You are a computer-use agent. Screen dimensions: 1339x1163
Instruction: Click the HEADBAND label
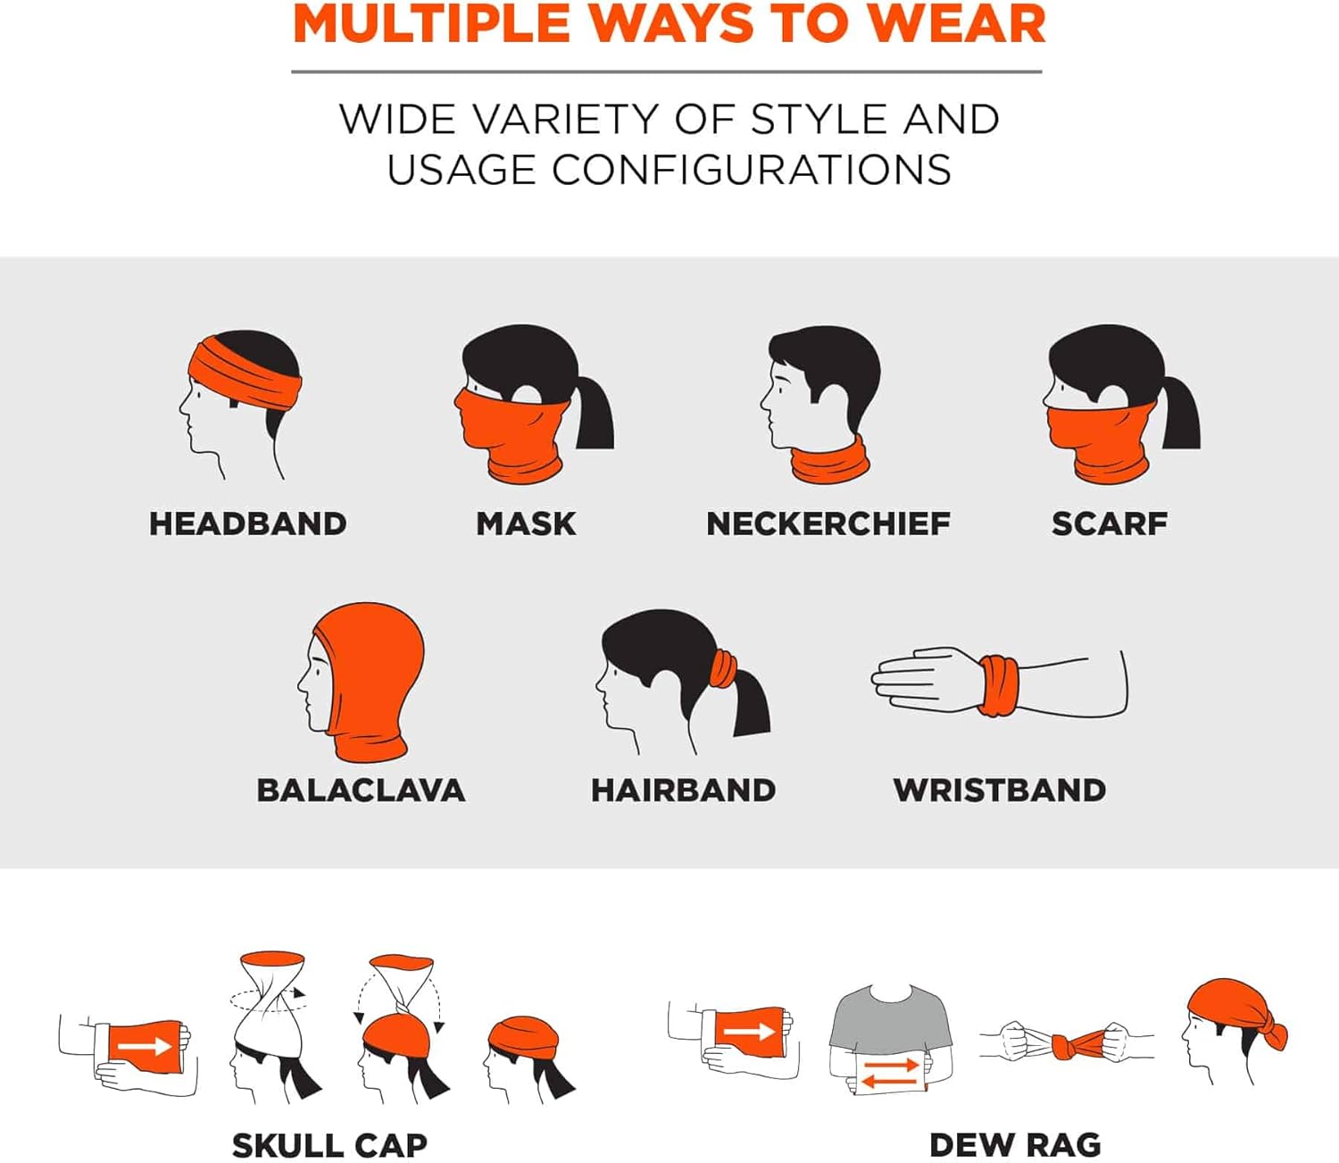pyautogui.click(x=248, y=523)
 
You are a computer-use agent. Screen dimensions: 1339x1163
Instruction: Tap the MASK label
pyautogui.click(x=526, y=523)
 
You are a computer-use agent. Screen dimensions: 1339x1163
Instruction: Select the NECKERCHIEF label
pyautogui.click(x=828, y=523)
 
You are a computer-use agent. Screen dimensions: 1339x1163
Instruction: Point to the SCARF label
pyautogui.click(x=1110, y=523)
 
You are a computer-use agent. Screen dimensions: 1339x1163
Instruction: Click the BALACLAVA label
pyautogui.click(x=362, y=790)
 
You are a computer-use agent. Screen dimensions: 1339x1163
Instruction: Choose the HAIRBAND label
pyautogui.click(x=683, y=790)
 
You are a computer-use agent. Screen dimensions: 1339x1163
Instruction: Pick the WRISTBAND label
pyautogui.click(x=1000, y=790)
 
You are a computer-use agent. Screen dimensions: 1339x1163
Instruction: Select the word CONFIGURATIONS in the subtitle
pyautogui.click(x=752, y=170)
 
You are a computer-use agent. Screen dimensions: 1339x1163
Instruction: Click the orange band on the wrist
pyautogui.click(x=999, y=686)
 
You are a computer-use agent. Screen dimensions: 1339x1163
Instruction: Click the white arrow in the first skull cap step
pyautogui.click(x=145, y=1045)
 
